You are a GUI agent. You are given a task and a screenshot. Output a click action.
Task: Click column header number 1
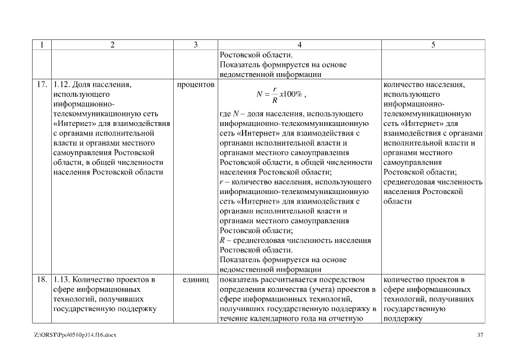[42, 45]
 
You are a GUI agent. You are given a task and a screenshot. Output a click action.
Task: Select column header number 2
[112, 45]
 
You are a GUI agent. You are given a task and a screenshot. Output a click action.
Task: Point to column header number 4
[299, 45]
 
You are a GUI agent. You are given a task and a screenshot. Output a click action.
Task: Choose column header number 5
[433, 45]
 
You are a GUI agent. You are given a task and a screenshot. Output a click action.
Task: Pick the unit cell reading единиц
[196, 280]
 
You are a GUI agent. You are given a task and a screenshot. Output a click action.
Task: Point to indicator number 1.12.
[63, 85]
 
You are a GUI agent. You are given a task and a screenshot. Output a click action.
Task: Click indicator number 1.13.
[63, 280]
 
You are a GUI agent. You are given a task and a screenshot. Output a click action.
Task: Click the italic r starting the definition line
[221, 182]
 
